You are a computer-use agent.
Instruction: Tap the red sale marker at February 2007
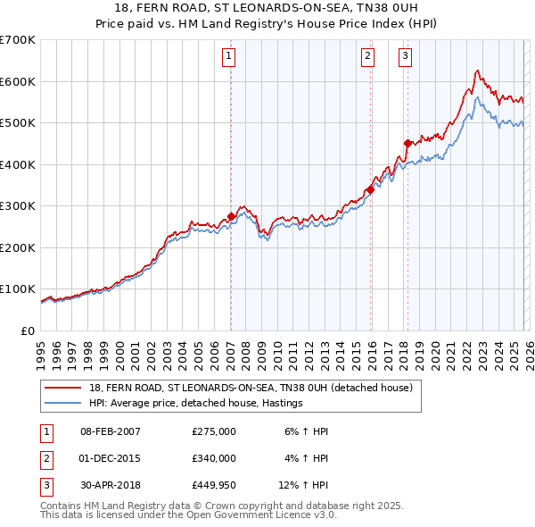pyautogui.click(x=231, y=216)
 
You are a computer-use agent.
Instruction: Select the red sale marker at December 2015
pyautogui.click(x=370, y=189)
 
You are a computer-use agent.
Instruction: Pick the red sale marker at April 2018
pyautogui.click(x=407, y=143)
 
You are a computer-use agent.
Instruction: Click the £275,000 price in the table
pyautogui.click(x=214, y=431)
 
